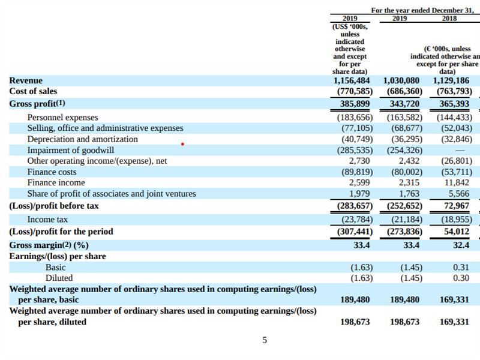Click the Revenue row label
[x=26, y=80]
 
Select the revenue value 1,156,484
[x=352, y=80]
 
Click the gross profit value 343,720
[x=404, y=104]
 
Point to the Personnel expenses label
[x=63, y=118]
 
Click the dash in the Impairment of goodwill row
[x=460, y=151]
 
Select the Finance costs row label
[x=52, y=172]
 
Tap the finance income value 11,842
[x=457, y=183]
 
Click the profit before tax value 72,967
[x=457, y=206]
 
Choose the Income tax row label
[x=47, y=220]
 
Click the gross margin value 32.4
[x=461, y=245]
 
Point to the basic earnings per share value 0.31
[x=461, y=267]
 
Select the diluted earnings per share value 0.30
[x=461, y=278]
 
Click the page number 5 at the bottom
[x=265, y=340]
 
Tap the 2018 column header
[x=449, y=19]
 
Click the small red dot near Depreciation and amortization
[x=182, y=144]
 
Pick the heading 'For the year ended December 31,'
[x=422, y=10]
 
